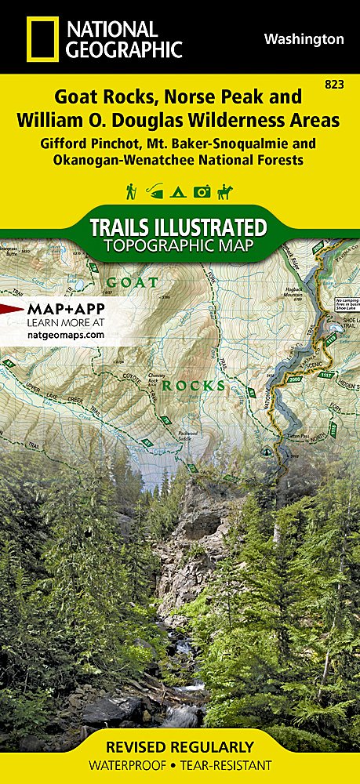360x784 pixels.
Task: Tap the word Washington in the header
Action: [304, 38]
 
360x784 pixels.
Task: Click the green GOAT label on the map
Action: [133, 281]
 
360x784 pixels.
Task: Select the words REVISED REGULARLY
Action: [180, 746]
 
